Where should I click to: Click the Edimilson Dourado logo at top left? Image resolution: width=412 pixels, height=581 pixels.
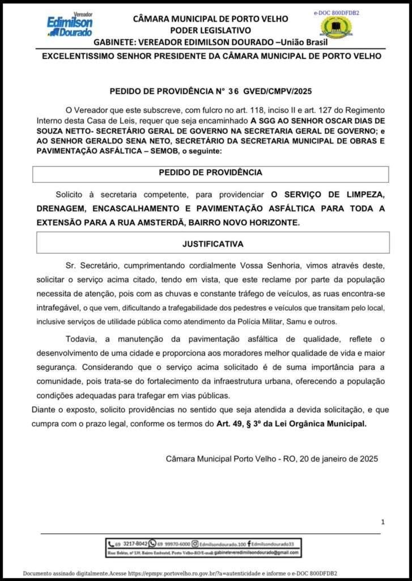pyautogui.click(x=70, y=25)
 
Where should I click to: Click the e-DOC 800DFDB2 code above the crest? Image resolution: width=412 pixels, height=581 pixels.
pyautogui.click(x=337, y=12)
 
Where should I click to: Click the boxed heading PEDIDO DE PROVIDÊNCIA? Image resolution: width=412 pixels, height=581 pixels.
pyautogui.click(x=210, y=172)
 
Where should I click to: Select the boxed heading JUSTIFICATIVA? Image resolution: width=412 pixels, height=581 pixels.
pyautogui.click(x=213, y=244)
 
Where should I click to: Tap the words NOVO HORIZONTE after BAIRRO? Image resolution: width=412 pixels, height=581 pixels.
pyautogui.click(x=273, y=222)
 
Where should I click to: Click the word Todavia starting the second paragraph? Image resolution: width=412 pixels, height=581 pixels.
pyautogui.click(x=83, y=339)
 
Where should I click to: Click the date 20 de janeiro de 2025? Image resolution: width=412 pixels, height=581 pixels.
pyautogui.click(x=330, y=458)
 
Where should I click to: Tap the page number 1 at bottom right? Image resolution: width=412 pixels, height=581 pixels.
pyautogui.click(x=383, y=521)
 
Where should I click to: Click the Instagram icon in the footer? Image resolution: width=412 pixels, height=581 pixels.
pyautogui.click(x=195, y=543)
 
